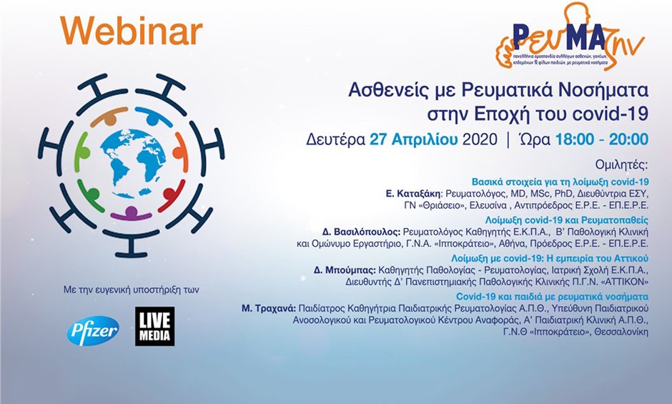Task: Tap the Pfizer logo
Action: [93, 330]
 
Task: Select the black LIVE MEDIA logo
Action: [154, 327]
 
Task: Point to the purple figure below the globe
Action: [132, 212]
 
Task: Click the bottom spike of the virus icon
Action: [132, 247]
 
